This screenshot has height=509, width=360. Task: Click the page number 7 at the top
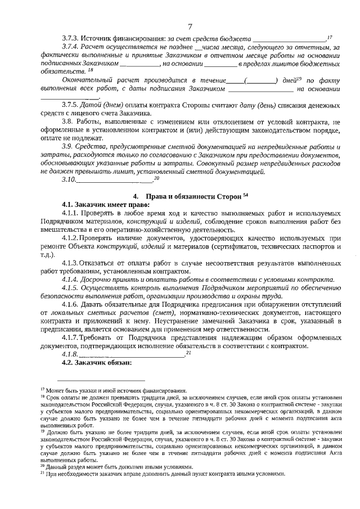coord(190,26)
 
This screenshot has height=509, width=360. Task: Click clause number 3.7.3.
coord(71,38)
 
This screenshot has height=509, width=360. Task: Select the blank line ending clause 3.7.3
coord(290,39)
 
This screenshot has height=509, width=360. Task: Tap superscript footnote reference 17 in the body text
coord(330,36)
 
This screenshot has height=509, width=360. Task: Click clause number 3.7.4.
coord(71,47)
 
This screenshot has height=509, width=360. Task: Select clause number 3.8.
coord(69,122)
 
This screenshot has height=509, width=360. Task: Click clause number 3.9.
coord(69,146)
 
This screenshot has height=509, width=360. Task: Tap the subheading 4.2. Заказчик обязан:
coord(96,363)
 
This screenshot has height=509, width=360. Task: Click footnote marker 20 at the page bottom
coord(43,466)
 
